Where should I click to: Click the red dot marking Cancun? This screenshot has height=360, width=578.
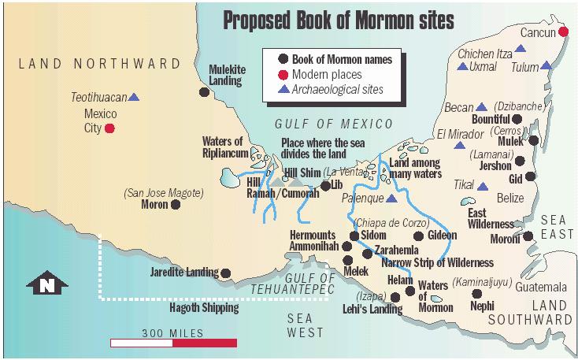pyautogui.click(x=564, y=32)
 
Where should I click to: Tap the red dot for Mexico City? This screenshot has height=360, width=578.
pyautogui.click(x=110, y=128)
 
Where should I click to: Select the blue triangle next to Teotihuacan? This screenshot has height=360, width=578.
pyautogui.click(x=134, y=98)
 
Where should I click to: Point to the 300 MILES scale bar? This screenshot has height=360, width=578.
pyautogui.click(x=173, y=343)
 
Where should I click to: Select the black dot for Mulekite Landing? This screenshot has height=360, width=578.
pyautogui.click(x=204, y=92)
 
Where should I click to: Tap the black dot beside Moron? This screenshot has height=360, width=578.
pyautogui.click(x=176, y=205)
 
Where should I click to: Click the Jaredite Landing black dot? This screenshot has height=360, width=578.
pyautogui.click(x=226, y=273)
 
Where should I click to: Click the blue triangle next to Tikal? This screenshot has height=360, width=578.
pyautogui.click(x=483, y=186)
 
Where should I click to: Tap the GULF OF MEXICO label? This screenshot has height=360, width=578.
pyautogui.click(x=333, y=124)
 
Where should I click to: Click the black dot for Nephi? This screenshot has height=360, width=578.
pyautogui.click(x=476, y=291)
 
